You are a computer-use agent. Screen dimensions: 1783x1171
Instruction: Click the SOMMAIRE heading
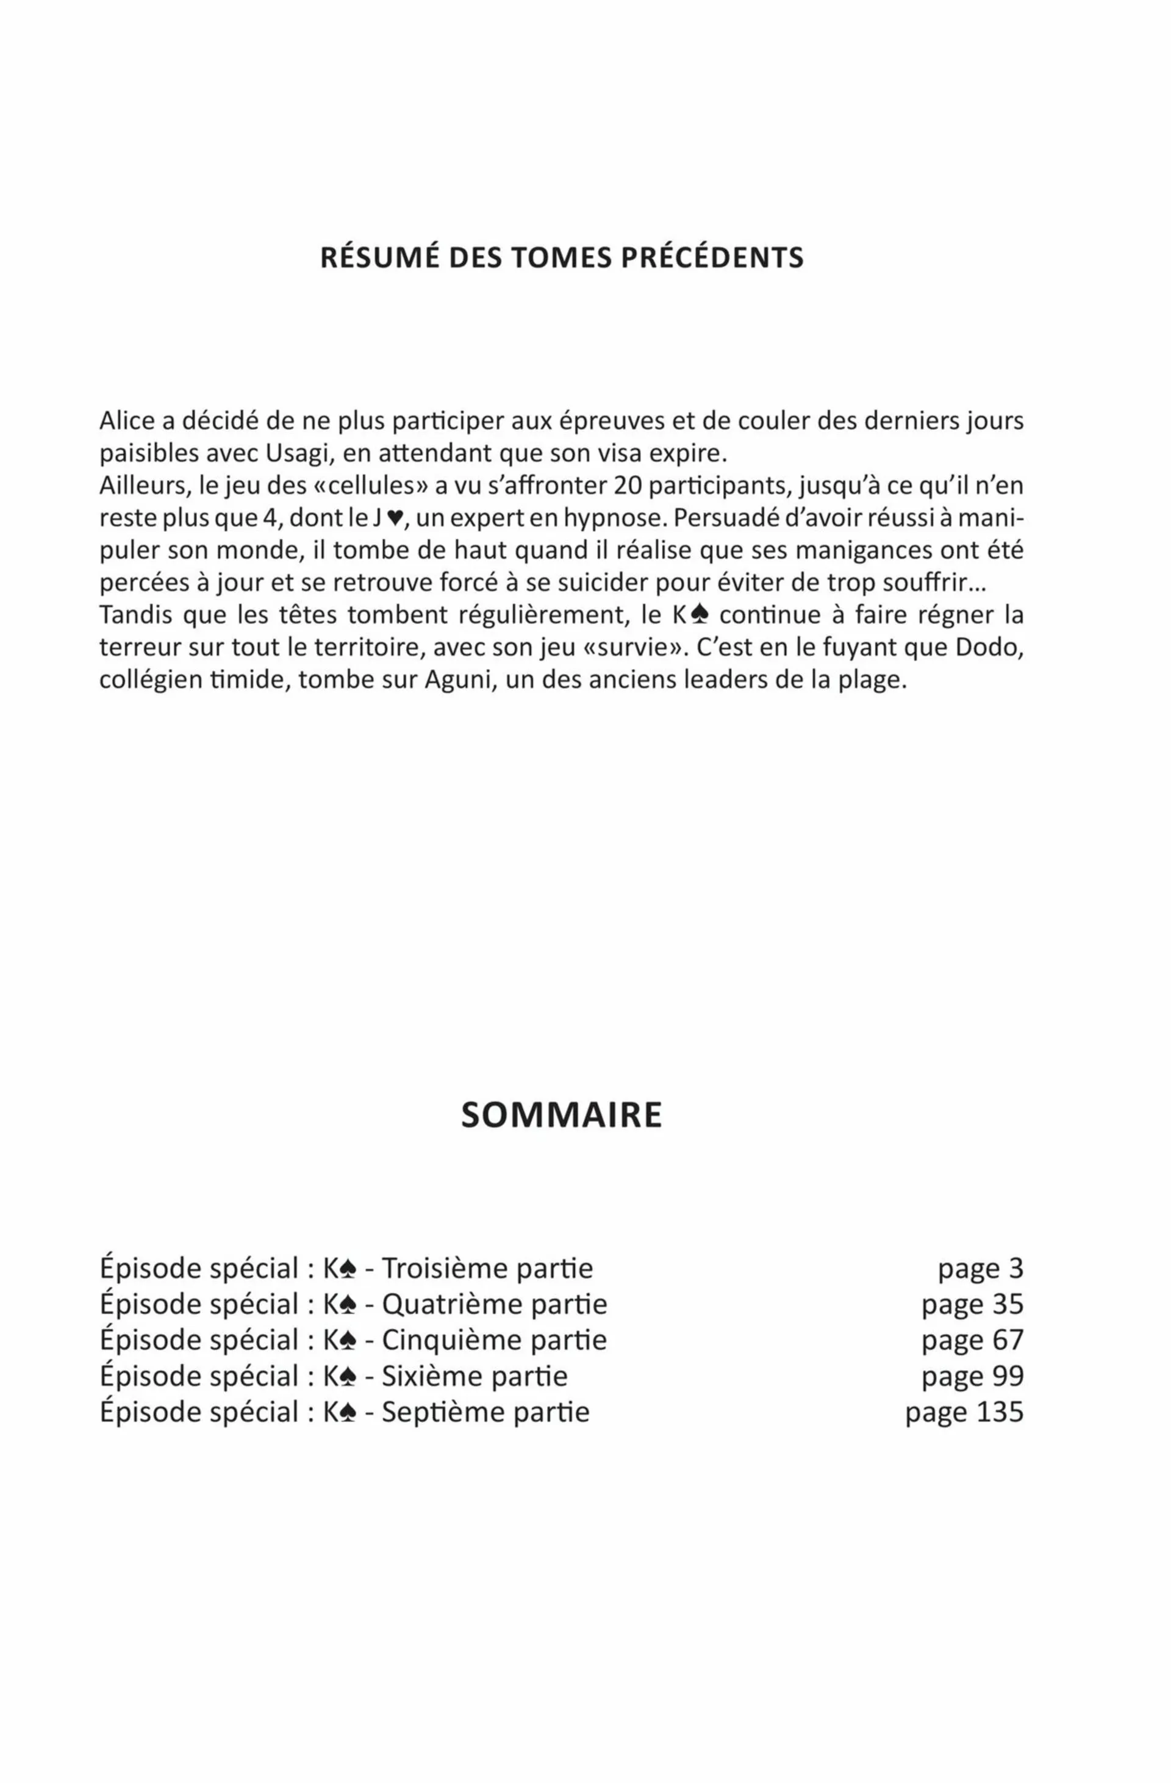(561, 1114)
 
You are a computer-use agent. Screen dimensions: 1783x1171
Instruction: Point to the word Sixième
(420, 1376)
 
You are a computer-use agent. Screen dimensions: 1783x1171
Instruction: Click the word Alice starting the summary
(127, 420)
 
